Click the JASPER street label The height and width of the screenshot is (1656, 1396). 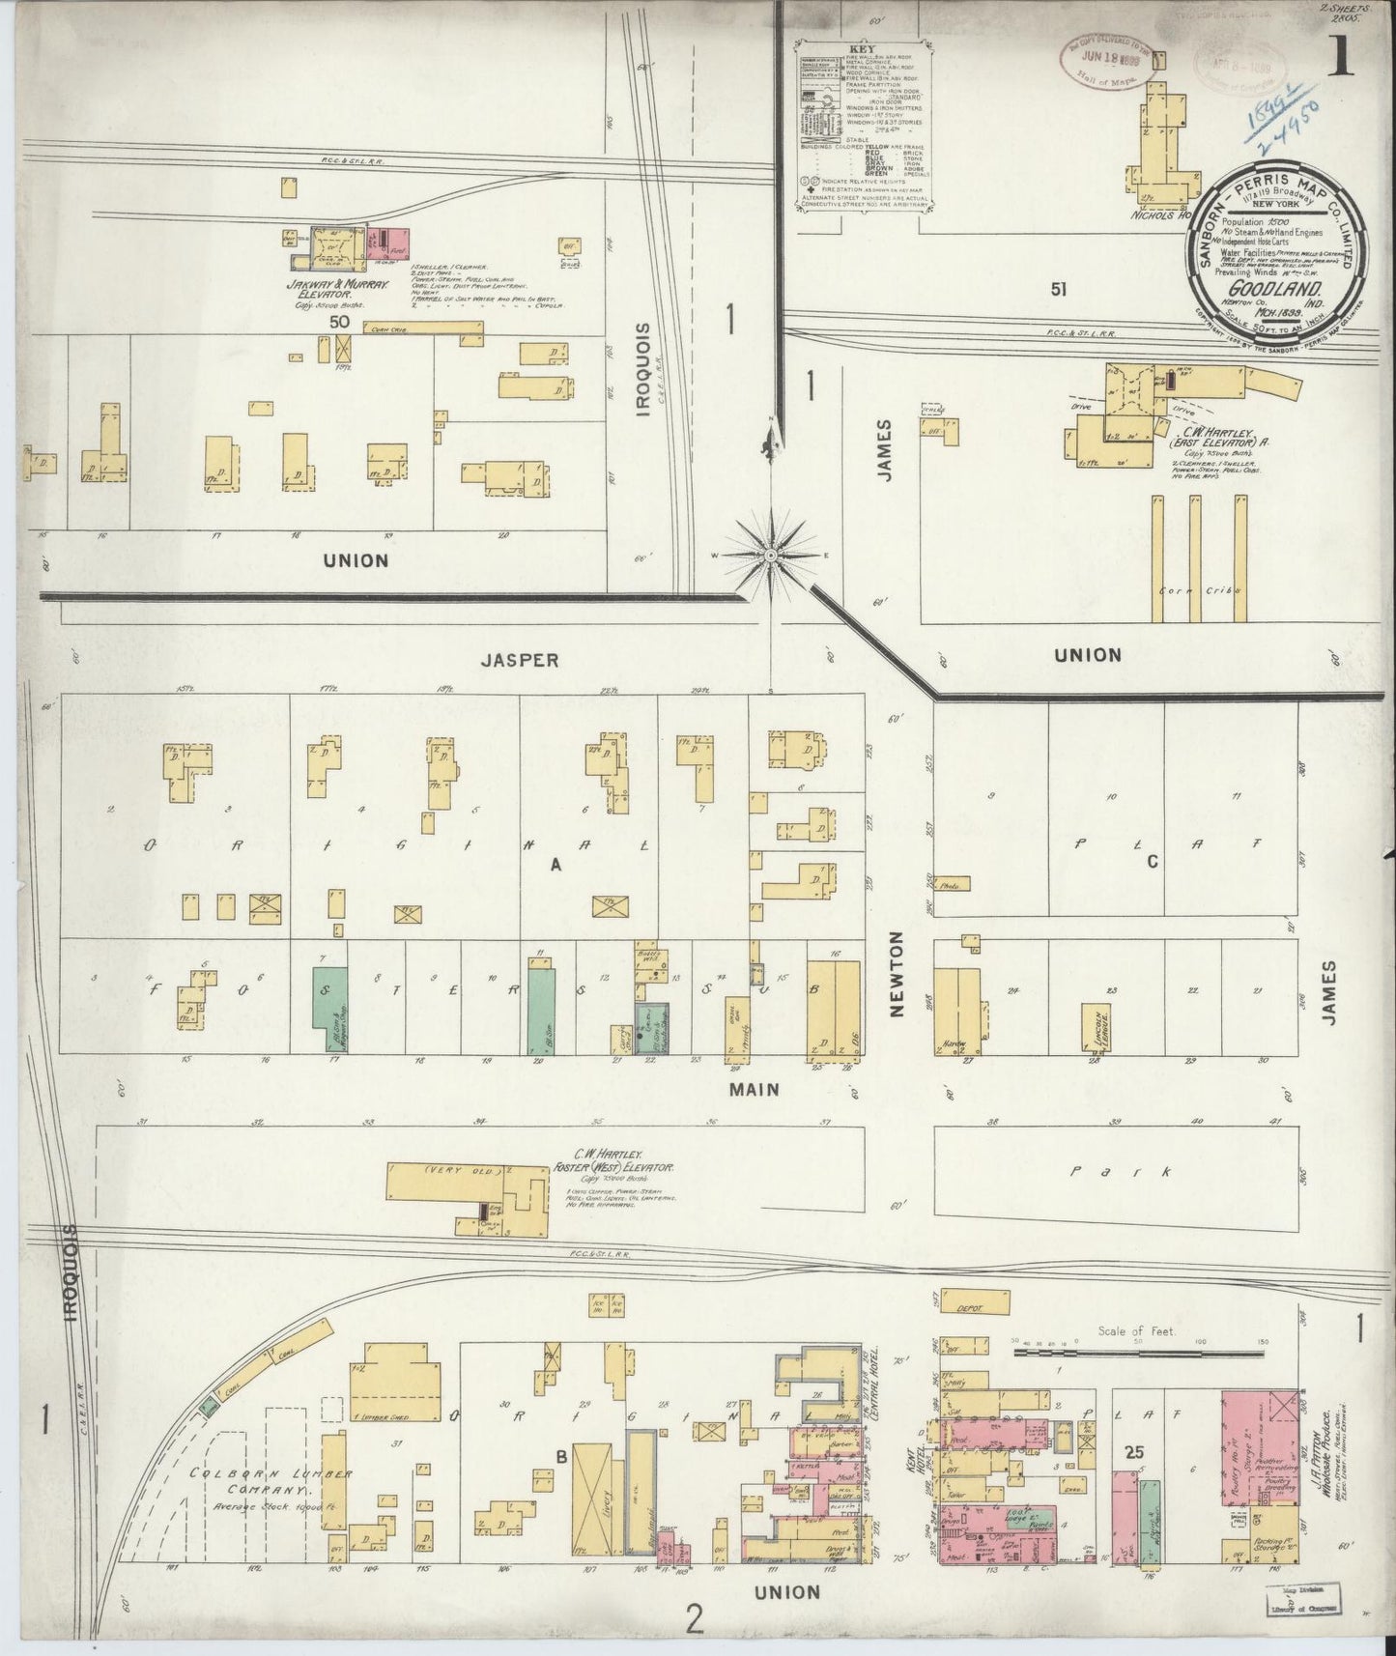520,661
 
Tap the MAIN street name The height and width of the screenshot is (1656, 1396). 755,1089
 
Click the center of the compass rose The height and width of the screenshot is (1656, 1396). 772,556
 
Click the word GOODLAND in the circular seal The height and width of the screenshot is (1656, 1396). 1261,288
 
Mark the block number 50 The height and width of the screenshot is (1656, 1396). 338,322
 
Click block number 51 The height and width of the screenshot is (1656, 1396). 1059,288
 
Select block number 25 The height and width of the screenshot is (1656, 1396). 1134,1450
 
